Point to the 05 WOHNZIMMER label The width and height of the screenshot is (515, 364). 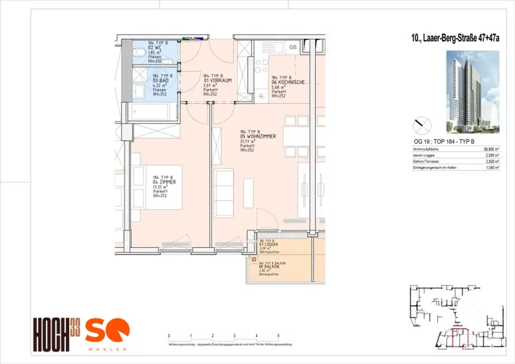click(256, 135)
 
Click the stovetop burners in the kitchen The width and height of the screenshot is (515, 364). click(262, 70)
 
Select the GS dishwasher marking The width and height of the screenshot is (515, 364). click(293, 47)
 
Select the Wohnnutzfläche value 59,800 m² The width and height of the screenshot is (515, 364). click(491, 149)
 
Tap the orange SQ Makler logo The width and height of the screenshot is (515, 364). click(107, 333)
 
